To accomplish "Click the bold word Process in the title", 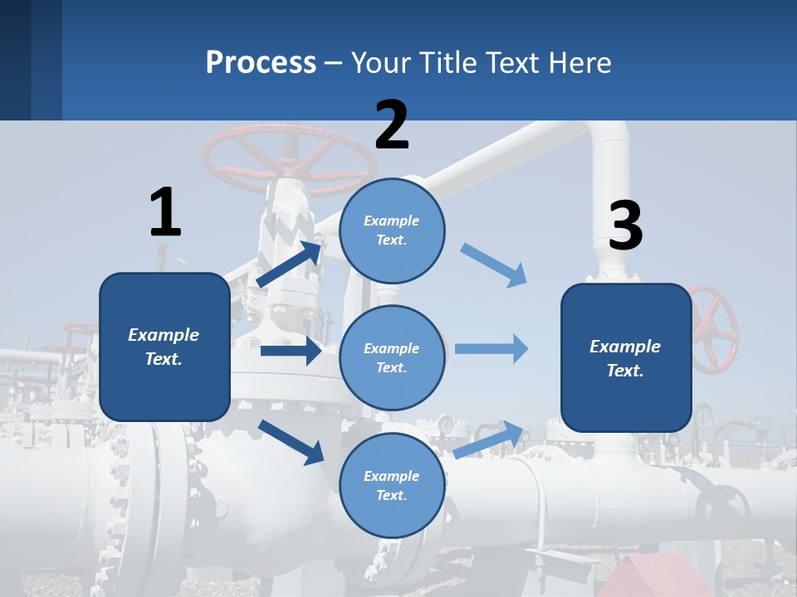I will [261, 62].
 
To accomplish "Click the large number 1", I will [165, 212].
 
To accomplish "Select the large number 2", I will [392, 125].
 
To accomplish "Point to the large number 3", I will [625, 226].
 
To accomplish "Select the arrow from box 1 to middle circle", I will [291, 351].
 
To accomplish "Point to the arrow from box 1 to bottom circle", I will [291, 442].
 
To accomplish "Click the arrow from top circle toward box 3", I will [493, 265].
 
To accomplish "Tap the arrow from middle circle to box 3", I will [491, 349].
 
